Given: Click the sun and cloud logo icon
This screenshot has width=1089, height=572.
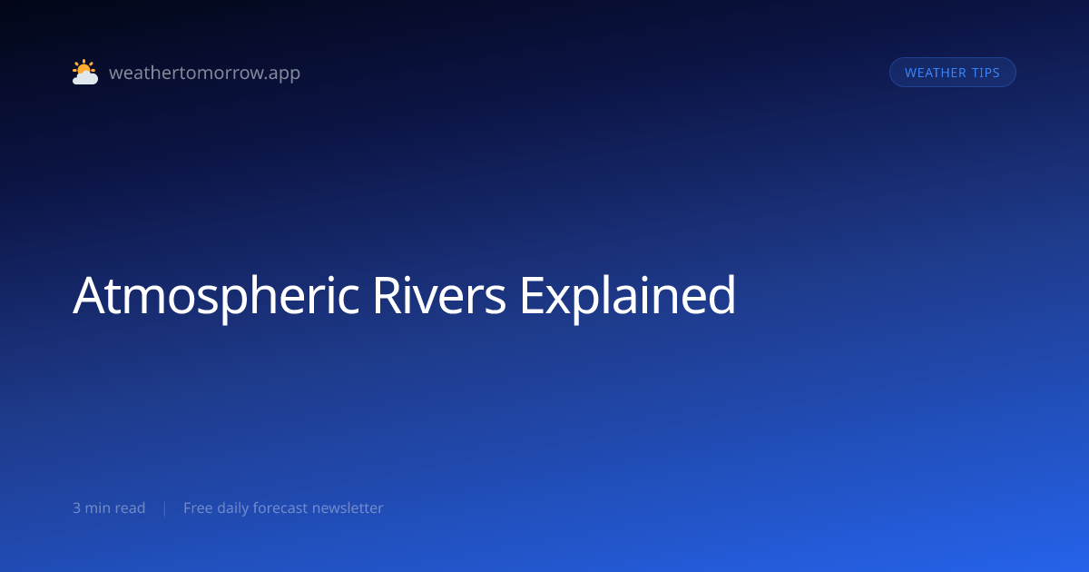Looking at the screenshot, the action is click(85, 72).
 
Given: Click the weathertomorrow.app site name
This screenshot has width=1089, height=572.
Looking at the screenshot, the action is click(205, 73).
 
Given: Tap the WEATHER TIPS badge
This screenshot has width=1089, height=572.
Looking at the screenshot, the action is click(952, 73).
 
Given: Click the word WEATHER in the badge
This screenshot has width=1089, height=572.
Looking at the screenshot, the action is click(935, 73).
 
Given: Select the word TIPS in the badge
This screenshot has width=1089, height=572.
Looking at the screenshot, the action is click(986, 73).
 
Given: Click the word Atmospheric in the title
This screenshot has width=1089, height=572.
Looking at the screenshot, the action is click(216, 296).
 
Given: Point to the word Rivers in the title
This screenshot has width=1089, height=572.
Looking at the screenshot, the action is click(439, 296).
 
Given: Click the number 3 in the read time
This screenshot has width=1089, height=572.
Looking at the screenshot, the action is click(76, 508).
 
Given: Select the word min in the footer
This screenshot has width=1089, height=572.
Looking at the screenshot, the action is click(97, 508).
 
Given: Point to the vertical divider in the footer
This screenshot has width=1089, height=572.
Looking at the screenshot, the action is click(165, 508).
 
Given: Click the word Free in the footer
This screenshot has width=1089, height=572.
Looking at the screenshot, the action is click(198, 508).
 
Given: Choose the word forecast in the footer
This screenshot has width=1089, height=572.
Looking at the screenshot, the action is click(280, 508).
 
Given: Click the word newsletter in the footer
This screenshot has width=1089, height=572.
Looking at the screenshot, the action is click(348, 508).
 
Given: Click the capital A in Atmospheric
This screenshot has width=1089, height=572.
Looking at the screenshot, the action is click(90, 296).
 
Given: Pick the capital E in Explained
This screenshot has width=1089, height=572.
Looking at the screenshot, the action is click(532, 296).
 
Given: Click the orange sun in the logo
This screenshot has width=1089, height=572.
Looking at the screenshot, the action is click(83, 67).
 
